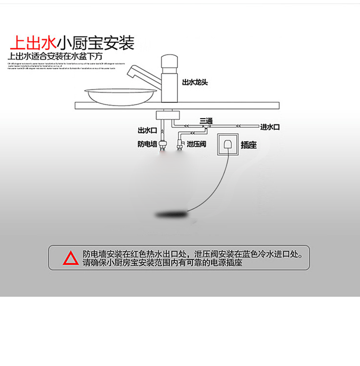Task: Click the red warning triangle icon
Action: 71,258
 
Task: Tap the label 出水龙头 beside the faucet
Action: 195,83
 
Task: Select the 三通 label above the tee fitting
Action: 205,120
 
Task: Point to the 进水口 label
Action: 270,127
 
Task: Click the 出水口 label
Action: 147,131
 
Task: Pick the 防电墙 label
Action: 147,144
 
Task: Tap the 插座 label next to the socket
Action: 249,145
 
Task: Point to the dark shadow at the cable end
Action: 170,213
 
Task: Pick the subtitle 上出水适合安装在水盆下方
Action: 56,56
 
